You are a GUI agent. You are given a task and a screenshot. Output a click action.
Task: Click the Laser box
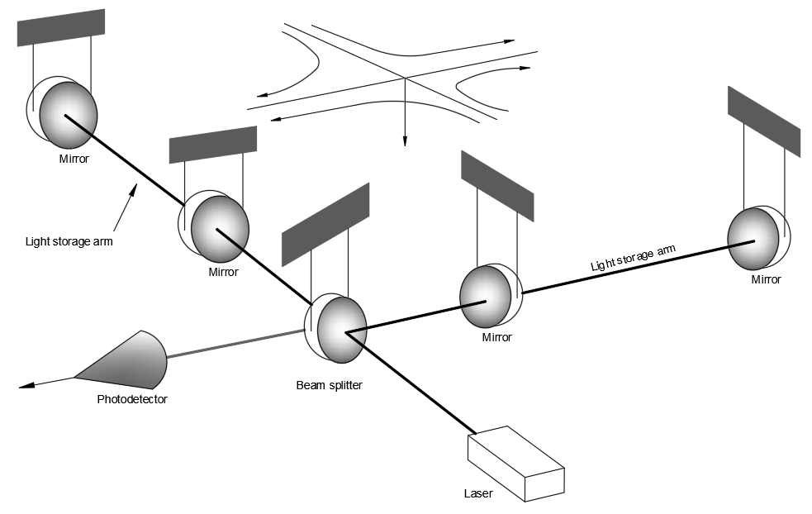pos(516,463)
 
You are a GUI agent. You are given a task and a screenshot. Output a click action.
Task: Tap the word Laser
pos(478,494)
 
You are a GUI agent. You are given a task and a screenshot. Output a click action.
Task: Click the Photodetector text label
pos(132,399)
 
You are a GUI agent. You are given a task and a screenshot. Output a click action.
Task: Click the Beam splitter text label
pos(328,385)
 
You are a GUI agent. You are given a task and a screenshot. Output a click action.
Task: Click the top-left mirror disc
pos(68,114)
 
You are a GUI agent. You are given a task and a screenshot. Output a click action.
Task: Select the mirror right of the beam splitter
pos(487,296)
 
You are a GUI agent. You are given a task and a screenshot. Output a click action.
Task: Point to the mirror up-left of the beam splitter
pos(218,229)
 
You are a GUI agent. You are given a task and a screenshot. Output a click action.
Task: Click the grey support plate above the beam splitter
pos(325,224)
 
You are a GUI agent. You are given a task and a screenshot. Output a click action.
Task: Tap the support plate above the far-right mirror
pos(763,121)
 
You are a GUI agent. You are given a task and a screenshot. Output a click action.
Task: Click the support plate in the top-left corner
pos(60,27)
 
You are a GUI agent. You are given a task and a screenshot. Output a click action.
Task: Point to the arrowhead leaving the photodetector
pos(26,384)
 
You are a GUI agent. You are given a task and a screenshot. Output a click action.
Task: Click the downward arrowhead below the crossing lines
pos(405,141)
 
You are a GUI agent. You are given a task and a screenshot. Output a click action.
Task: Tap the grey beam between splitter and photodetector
pos(235,345)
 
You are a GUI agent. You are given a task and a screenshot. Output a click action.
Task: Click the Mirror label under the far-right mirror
pos(766,279)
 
